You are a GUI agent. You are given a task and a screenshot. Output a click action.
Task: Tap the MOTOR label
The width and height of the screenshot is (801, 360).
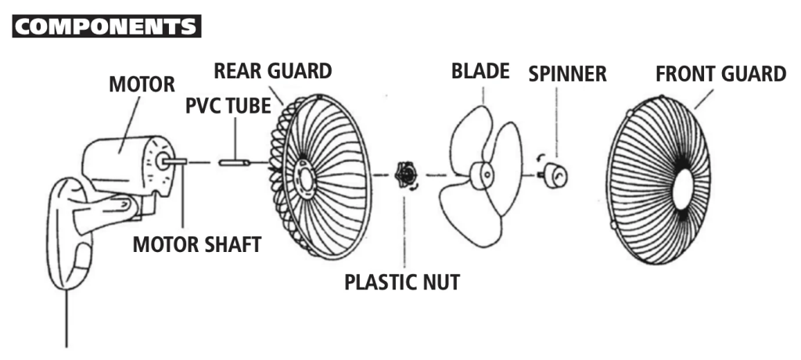[x=142, y=85]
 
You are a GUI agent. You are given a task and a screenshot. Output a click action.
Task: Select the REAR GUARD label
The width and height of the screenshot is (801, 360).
[x=274, y=70]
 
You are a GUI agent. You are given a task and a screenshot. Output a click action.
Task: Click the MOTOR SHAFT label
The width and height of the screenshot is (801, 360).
[x=196, y=244]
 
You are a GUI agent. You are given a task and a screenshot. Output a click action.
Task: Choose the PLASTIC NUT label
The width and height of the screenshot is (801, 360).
[x=402, y=281]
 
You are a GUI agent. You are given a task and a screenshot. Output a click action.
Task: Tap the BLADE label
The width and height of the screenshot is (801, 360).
[x=480, y=72]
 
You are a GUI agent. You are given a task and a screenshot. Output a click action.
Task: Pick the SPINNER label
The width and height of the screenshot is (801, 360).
[x=567, y=74]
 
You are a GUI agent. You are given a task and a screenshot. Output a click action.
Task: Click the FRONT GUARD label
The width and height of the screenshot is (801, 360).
[x=720, y=74]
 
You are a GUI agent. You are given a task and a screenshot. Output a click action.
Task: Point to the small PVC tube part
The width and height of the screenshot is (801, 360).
[x=232, y=163]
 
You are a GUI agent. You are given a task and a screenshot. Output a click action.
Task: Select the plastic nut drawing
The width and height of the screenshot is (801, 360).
[x=405, y=173]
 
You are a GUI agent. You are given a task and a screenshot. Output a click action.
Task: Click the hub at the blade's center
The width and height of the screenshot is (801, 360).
[x=485, y=172]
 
